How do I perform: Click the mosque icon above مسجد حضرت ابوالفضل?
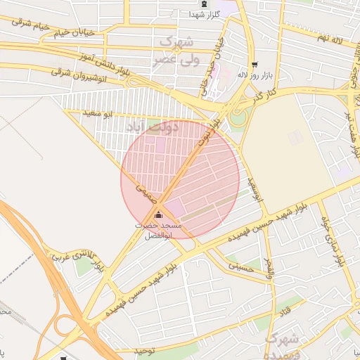coord(158,214)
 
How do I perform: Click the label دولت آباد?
coord(151,127)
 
